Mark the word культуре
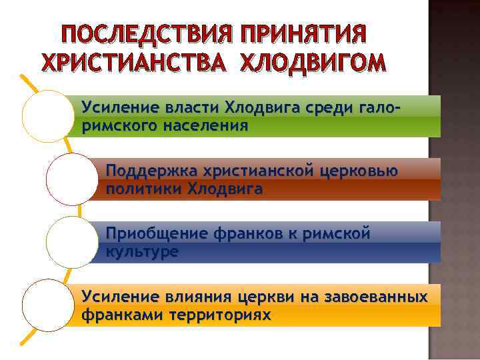[x=141, y=252]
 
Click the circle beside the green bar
[x=47, y=117]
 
